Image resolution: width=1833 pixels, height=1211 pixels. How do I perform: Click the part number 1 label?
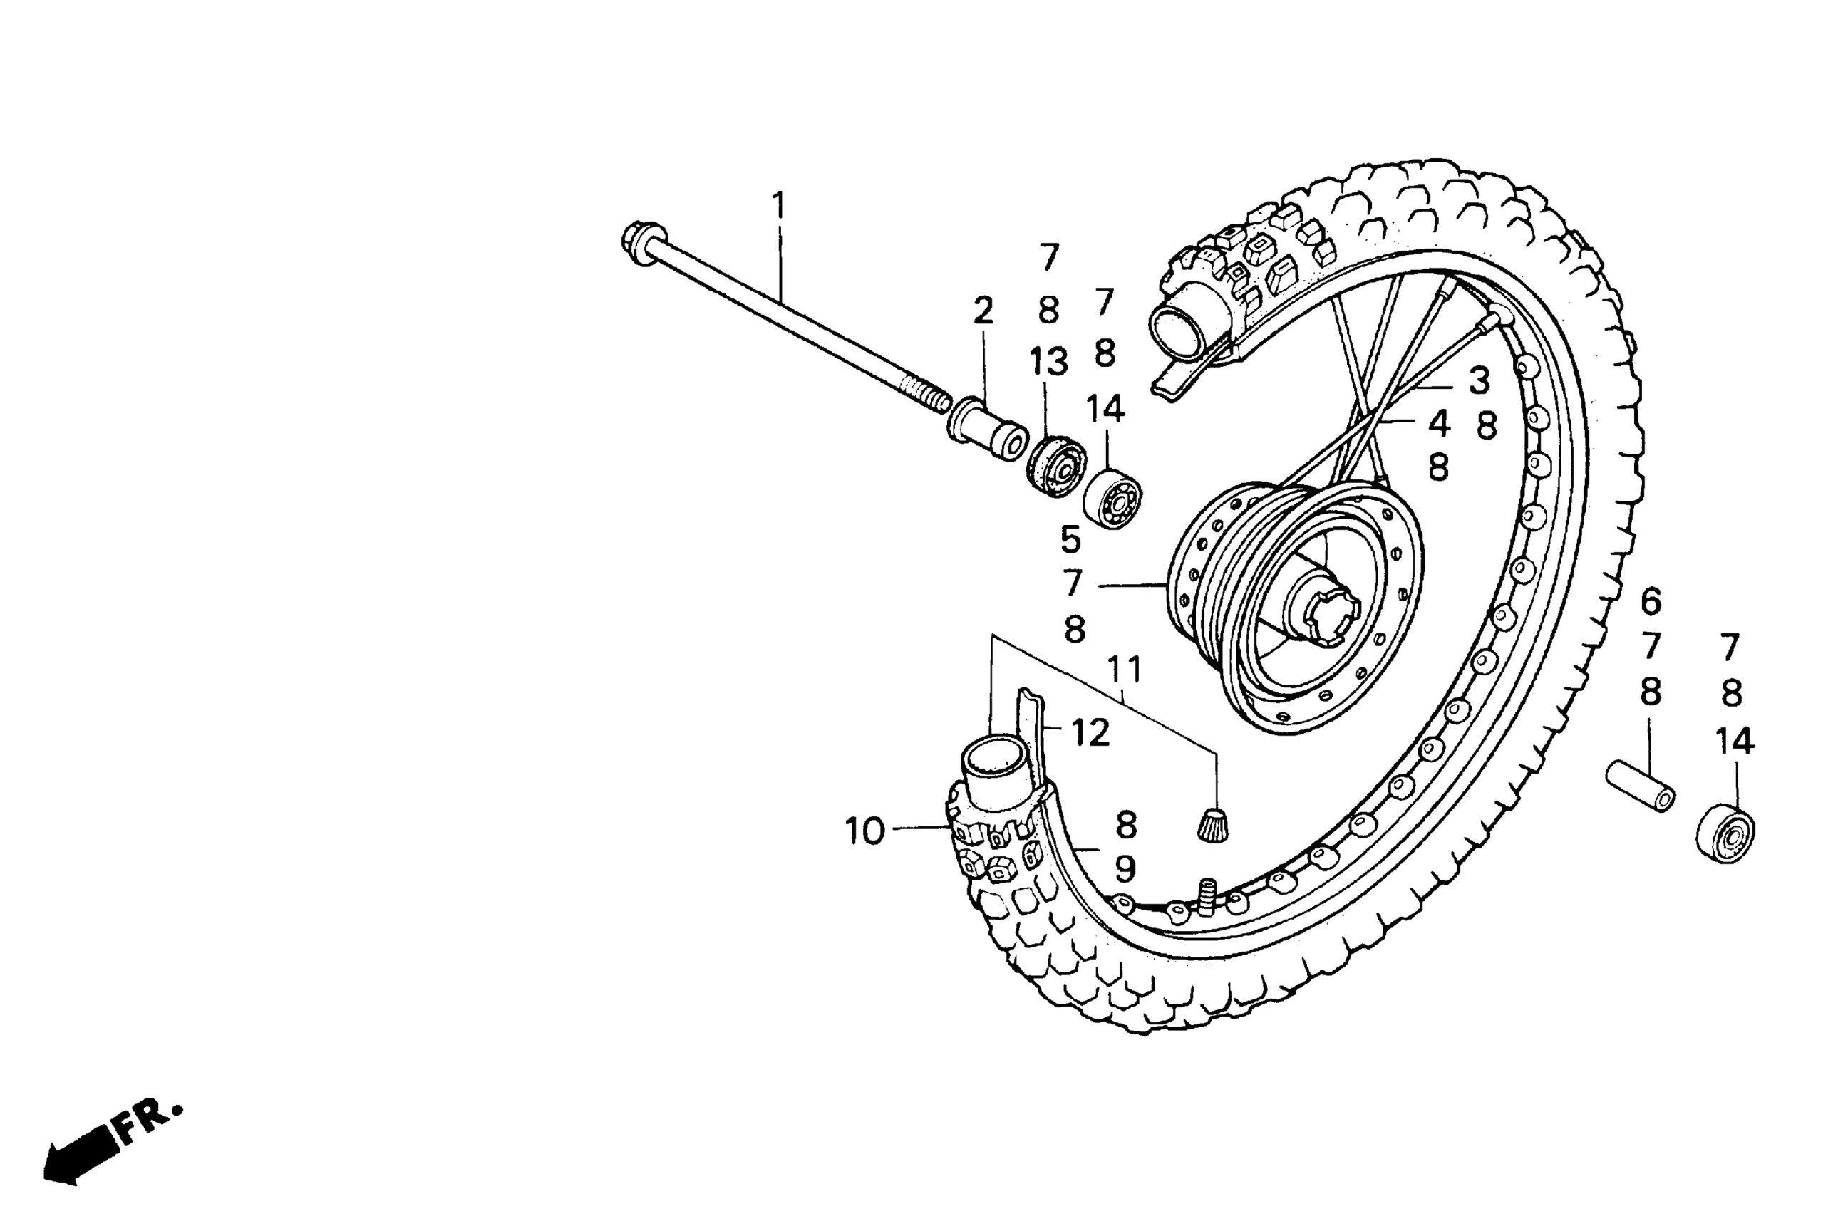pos(779,205)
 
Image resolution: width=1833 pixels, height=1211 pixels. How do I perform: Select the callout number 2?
pos(983,311)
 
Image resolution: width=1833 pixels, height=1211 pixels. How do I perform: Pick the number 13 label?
pos(1048,361)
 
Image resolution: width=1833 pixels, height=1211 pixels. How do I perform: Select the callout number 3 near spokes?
pos(1479,380)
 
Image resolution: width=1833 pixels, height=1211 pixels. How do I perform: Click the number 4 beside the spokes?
pos(1438,423)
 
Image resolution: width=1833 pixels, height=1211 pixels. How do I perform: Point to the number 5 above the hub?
pos(1070,540)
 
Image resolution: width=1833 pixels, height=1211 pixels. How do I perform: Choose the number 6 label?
pos(1651,601)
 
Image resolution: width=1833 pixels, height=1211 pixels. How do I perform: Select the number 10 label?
pos(864,831)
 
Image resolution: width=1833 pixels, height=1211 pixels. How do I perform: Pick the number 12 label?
pos(1090,732)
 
